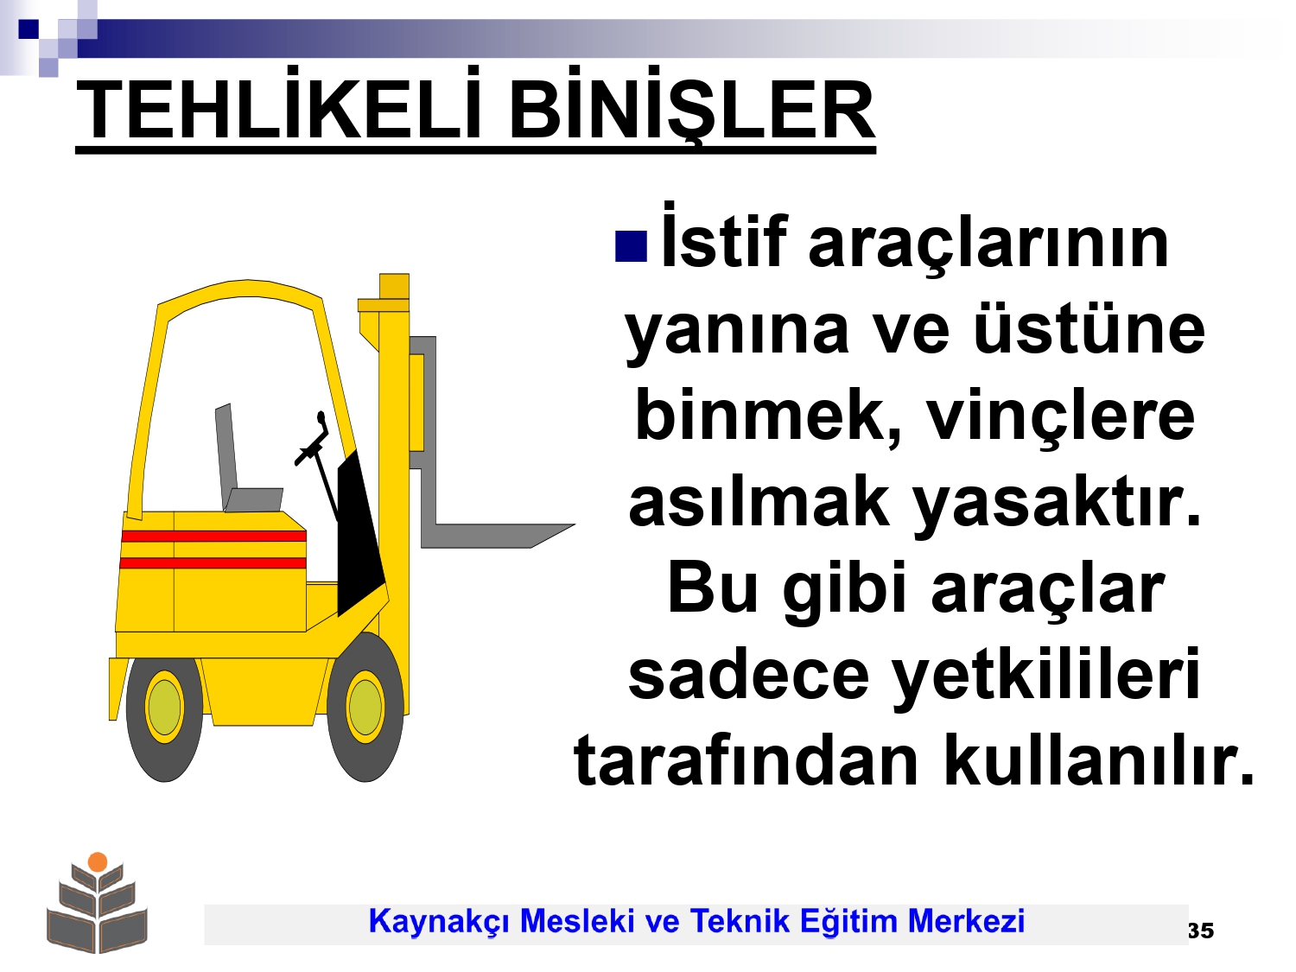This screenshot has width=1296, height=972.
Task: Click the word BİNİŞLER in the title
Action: tap(691, 105)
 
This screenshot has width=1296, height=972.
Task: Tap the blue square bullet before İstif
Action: tap(631, 245)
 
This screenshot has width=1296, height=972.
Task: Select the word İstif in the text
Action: tap(724, 236)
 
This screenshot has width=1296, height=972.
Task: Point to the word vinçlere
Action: tap(1061, 416)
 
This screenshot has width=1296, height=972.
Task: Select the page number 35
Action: tap(1201, 931)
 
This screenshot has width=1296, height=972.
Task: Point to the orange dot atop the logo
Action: tap(98, 862)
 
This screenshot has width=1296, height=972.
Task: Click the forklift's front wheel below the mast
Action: tap(365, 707)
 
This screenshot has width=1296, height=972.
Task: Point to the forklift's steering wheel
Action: tap(313, 441)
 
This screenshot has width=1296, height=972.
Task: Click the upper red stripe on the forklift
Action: tap(213, 536)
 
